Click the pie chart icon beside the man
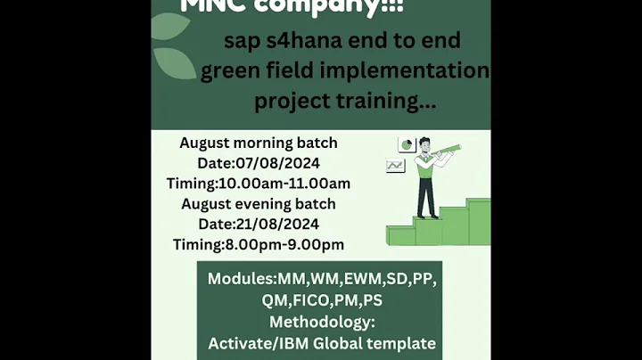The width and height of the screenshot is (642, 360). (x=406, y=144)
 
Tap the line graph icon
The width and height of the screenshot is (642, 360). (x=395, y=165)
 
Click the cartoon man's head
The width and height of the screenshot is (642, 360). (x=424, y=143)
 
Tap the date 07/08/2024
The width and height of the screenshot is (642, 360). (x=277, y=163)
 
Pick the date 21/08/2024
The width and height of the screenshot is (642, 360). (x=277, y=224)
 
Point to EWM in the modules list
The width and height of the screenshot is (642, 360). (x=368, y=279)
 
